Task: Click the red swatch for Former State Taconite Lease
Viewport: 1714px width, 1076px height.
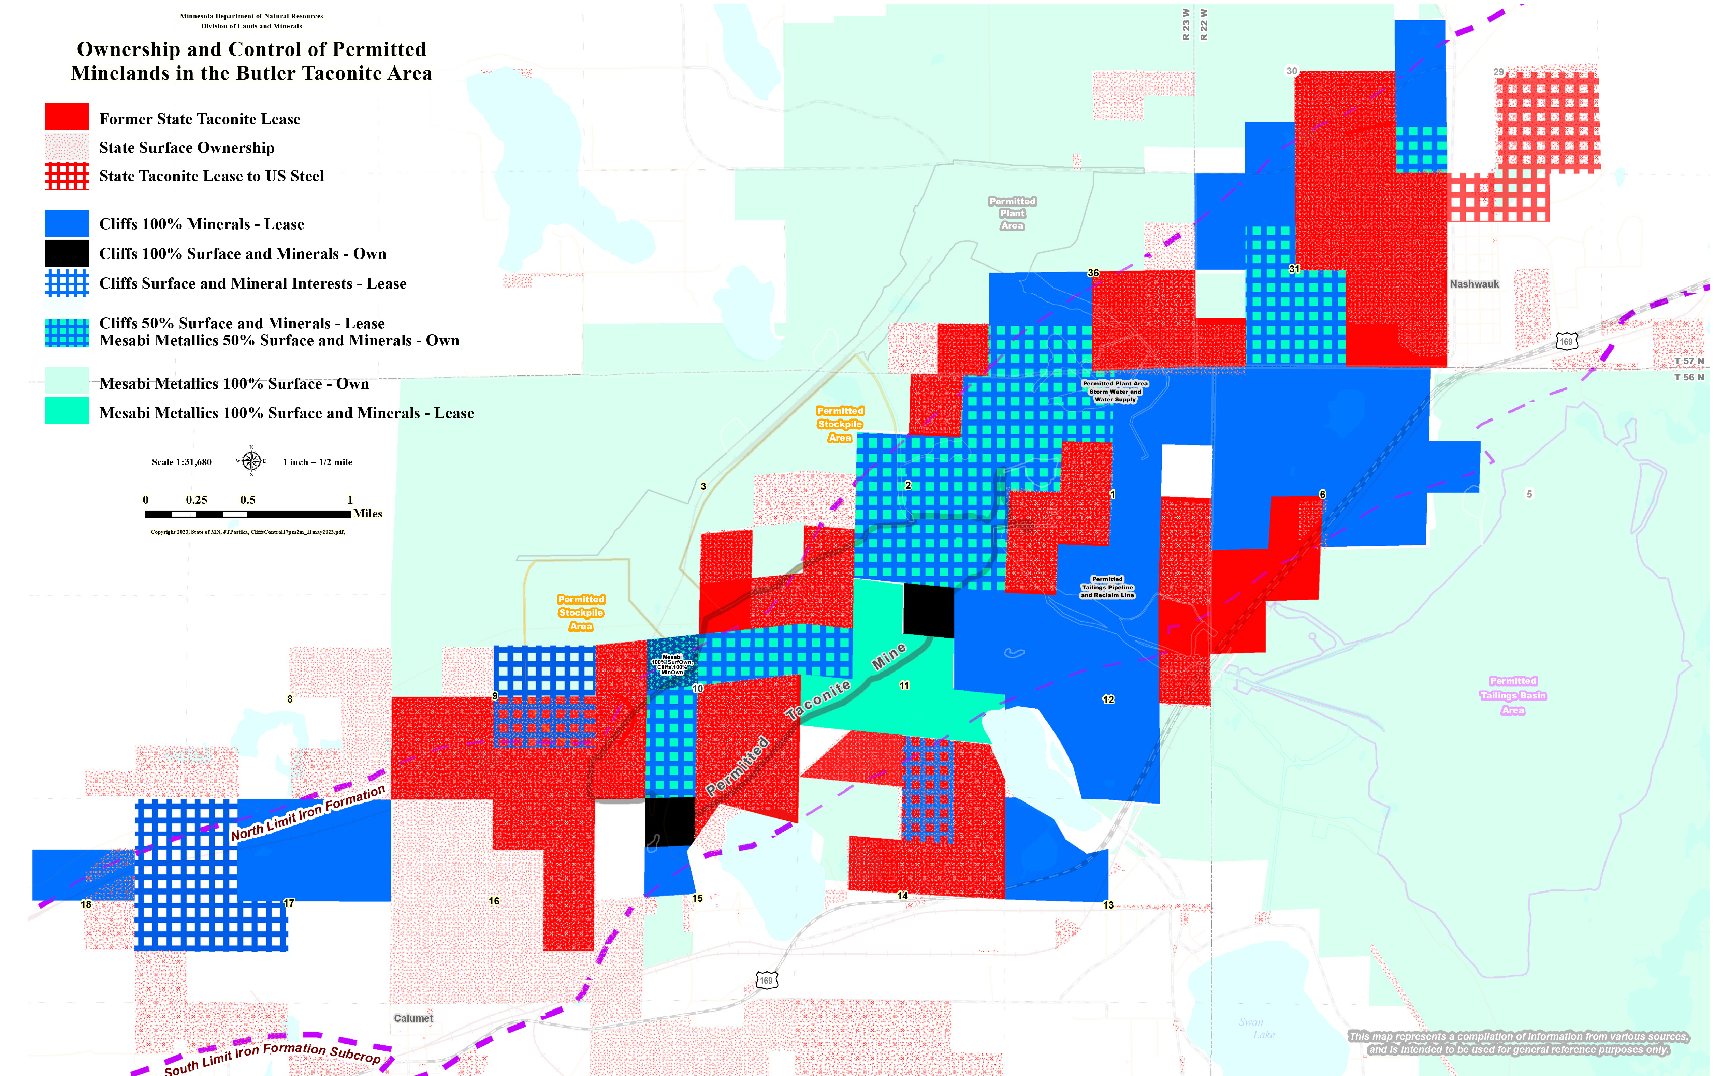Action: coord(67,117)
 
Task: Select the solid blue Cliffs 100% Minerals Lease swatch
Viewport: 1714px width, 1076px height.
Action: coord(67,223)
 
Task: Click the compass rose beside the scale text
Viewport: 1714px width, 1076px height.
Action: coord(251,461)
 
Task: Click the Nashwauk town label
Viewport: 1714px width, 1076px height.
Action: coord(1474,284)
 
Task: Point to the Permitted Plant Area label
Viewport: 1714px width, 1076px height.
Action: coord(1012,213)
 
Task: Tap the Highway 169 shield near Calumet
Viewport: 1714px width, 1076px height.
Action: coord(766,981)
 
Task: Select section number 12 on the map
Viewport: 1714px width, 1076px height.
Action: coord(1108,699)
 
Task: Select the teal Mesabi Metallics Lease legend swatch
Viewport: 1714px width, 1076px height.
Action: coord(67,411)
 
